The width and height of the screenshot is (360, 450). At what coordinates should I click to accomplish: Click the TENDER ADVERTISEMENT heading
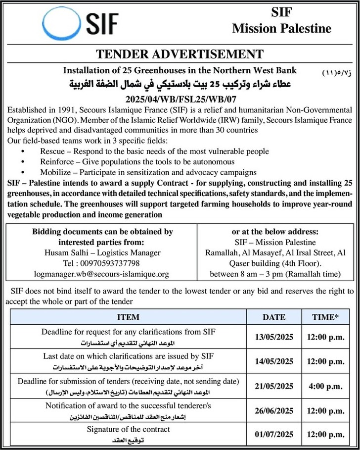click(x=180, y=54)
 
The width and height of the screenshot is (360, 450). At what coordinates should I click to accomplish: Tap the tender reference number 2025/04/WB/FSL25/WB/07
click(x=180, y=99)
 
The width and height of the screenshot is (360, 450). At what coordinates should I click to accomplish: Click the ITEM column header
click(x=129, y=317)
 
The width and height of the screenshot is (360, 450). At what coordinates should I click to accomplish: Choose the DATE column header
click(x=273, y=317)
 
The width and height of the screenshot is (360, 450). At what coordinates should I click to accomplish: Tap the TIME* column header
click(x=325, y=317)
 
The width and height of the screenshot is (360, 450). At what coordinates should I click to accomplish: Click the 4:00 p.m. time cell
click(x=325, y=386)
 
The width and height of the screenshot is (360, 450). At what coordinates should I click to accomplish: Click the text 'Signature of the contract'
click(x=129, y=429)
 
